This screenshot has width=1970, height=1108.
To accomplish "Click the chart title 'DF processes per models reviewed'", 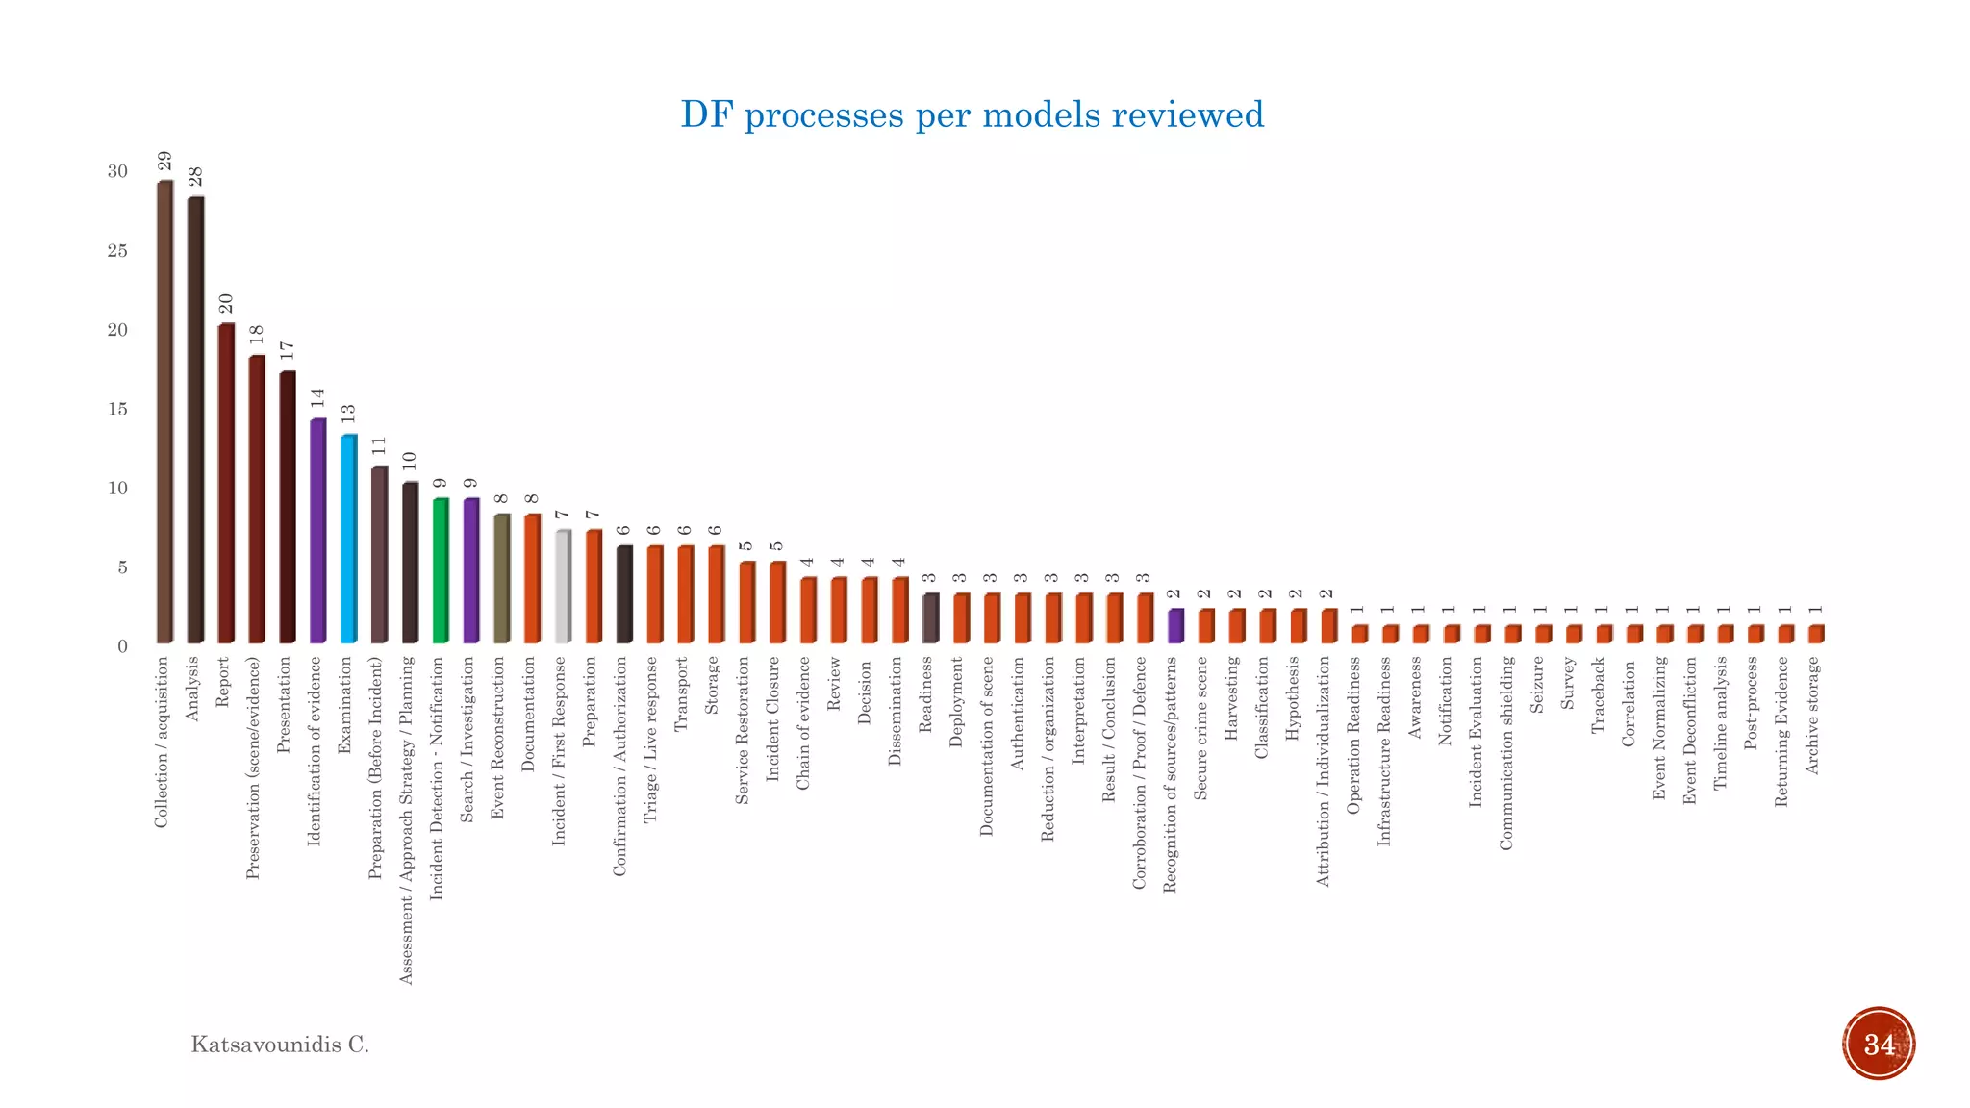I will coord(972,114).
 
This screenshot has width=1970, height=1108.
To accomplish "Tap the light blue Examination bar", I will coord(348,539).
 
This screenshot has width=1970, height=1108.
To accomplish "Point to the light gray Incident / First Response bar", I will coord(563,586).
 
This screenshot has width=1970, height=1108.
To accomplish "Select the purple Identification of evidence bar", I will coord(317,531).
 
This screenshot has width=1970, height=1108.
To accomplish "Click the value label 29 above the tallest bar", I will coord(164,162).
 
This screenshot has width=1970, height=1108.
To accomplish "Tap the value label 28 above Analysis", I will coord(195,177).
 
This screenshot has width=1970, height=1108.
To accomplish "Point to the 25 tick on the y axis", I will coord(117,251).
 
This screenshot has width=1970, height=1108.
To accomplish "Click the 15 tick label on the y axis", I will coord(117,410).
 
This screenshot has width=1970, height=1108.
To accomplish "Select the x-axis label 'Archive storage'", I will coord(1813,716).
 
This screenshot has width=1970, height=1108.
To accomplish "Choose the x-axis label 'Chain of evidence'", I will coord(804,723).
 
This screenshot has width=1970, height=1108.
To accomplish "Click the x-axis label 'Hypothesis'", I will coord(1293,698).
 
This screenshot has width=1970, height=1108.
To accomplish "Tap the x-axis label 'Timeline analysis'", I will coord(1721,723).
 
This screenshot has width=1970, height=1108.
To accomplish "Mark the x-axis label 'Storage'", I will coord(712,685).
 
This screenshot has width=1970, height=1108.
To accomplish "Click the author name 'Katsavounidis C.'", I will coord(280,1045).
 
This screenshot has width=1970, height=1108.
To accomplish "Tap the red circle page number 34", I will coord(1879,1045).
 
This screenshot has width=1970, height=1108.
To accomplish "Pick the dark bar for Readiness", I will coord(930,617).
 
